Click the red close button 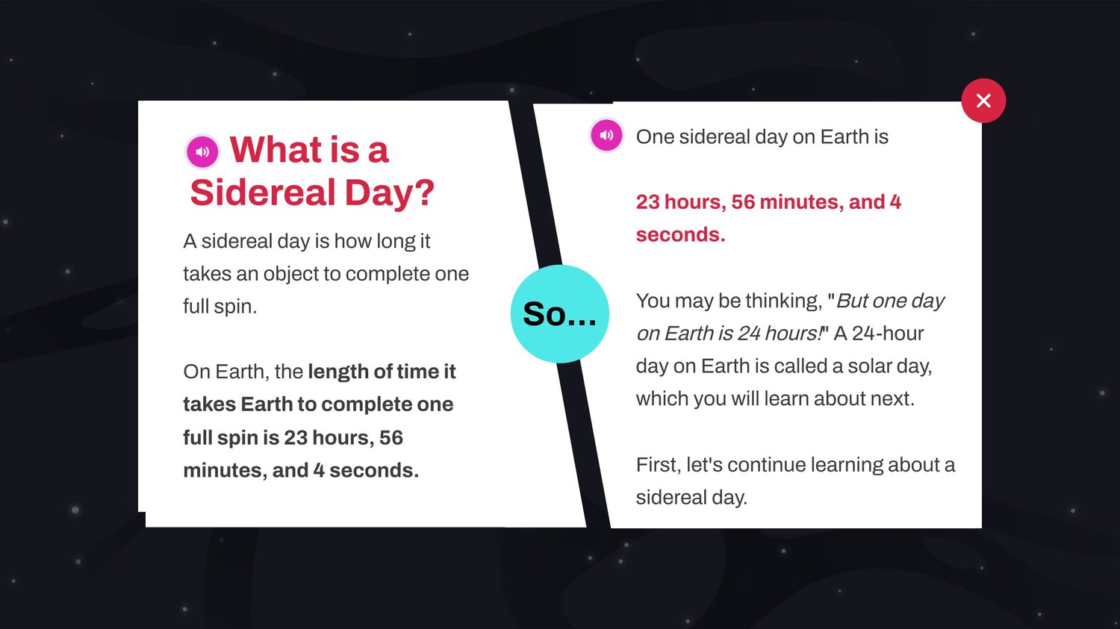coord(983,101)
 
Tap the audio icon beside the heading coord(202,151)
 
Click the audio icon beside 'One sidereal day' coord(606,135)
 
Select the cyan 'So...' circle coord(559,313)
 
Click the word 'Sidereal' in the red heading coord(263,193)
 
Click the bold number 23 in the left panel coord(296,438)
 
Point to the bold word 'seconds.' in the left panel coord(374,470)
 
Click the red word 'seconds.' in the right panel coord(680,234)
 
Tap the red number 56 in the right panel coord(743,202)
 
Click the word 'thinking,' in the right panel coord(784,301)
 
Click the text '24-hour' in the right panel coord(888,334)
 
